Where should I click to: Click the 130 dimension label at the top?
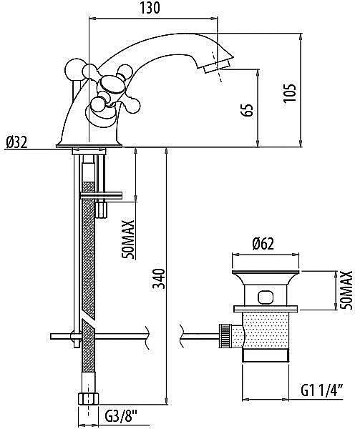[150, 8]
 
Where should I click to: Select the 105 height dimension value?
[290, 93]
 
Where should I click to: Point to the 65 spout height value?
[248, 110]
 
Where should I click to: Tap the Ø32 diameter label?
[16, 142]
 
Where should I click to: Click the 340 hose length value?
[159, 279]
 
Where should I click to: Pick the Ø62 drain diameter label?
[263, 244]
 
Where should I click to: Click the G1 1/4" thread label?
[322, 390]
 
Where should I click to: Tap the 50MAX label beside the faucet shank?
[129, 240]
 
